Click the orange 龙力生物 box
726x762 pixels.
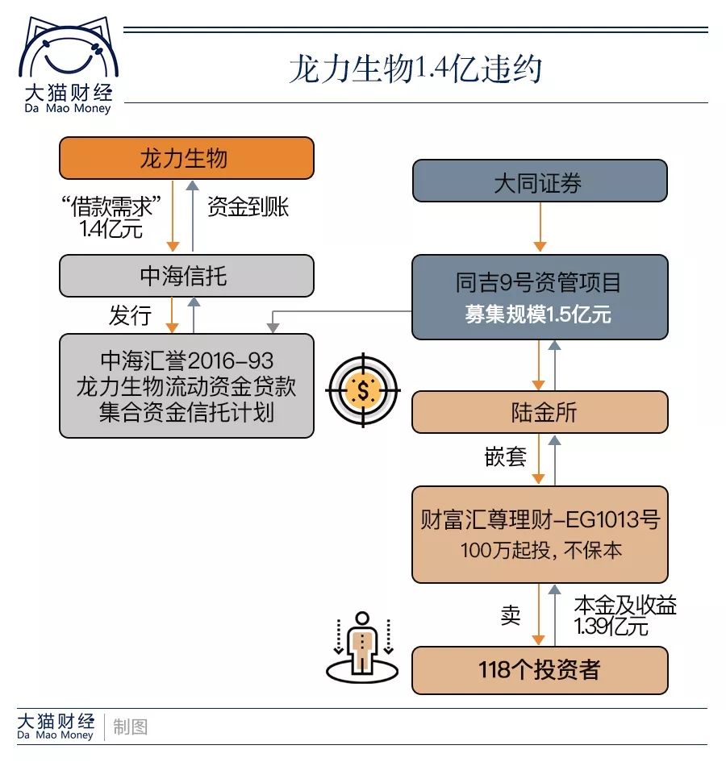click(186, 158)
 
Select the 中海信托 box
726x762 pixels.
click(186, 276)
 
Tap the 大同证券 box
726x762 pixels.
click(540, 181)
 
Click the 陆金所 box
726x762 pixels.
click(540, 412)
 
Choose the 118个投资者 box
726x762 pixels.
click(540, 670)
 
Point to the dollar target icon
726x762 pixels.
click(363, 390)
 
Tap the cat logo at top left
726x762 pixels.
click(69, 46)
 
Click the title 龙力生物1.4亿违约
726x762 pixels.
click(415, 69)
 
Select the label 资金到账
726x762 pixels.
click(248, 206)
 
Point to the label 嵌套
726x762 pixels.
click(505, 457)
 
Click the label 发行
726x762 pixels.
click(130, 315)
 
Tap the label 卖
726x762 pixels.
click(510, 615)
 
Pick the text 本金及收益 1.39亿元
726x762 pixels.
click(625, 616)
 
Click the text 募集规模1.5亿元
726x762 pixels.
click(538, 314)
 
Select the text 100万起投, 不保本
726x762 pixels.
click(540, 550)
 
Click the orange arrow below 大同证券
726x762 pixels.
click(540, 227)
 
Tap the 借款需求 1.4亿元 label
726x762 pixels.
click(111, 217)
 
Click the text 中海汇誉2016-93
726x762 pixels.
click(186, 361)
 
